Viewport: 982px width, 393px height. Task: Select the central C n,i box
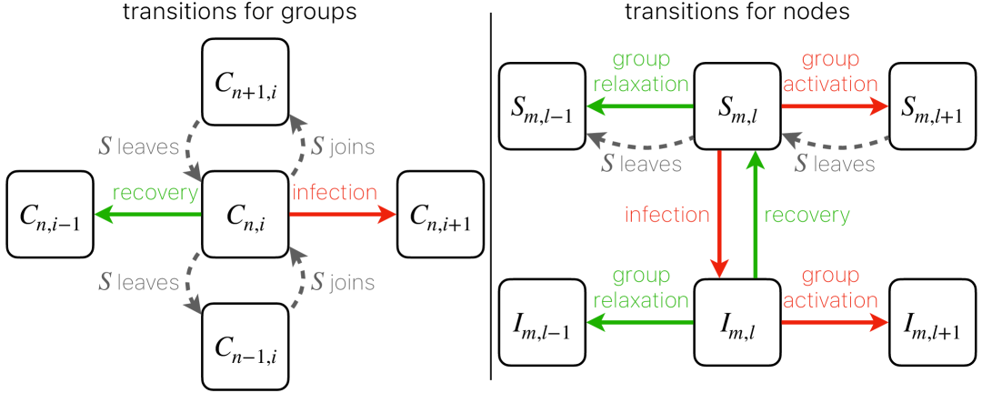click(245, 216)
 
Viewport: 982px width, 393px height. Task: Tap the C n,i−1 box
click(50, 216)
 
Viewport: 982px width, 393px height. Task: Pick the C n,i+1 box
click(441, 216)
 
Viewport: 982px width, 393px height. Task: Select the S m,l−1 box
click(540, 106)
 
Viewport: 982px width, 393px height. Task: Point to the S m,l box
click(737, 106)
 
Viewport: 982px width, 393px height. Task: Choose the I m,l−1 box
click(540, 323)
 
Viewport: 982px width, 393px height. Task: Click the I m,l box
click(737, 323)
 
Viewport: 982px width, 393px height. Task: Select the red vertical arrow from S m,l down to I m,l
click(720, 214)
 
